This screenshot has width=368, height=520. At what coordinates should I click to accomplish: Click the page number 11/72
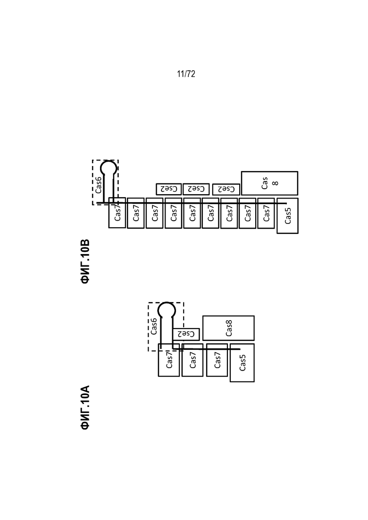(x=186, y=74)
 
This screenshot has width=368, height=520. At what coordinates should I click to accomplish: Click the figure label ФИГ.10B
(x=85, y=261)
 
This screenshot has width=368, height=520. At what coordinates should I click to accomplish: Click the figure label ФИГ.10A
(x=85, y=408)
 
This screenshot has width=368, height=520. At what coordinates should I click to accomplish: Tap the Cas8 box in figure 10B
(x=269, y=183)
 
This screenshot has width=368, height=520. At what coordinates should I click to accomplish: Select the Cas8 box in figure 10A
(x=229, y=328)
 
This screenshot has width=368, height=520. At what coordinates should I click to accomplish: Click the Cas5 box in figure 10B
(x=287, y=215)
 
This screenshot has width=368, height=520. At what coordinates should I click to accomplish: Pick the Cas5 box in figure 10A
(x=242, y=363)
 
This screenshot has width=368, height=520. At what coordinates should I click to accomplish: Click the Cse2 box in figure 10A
(x=186, y=334)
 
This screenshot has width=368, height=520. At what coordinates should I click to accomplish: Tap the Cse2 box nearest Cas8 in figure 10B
(x=226, y=190)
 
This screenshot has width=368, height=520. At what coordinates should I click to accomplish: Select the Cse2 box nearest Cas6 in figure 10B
(x=169, y=189)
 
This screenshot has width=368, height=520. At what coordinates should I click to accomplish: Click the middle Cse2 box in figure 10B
(x=196, y=189)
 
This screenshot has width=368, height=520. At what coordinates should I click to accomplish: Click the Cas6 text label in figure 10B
(x=99, y=185)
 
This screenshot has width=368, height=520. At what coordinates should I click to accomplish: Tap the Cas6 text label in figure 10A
(x=154, y=326)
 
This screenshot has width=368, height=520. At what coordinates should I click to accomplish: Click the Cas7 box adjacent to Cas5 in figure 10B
(x=266, y=213)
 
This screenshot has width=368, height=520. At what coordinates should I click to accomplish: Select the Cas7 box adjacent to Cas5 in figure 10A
(x=217, y=360)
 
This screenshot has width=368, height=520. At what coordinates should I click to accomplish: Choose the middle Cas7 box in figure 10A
(x=192, y=360)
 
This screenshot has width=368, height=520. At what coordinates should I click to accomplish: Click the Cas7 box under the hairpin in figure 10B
(x=117, y=213)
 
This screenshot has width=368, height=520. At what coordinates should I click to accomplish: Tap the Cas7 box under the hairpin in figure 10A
(x=169, y=360)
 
